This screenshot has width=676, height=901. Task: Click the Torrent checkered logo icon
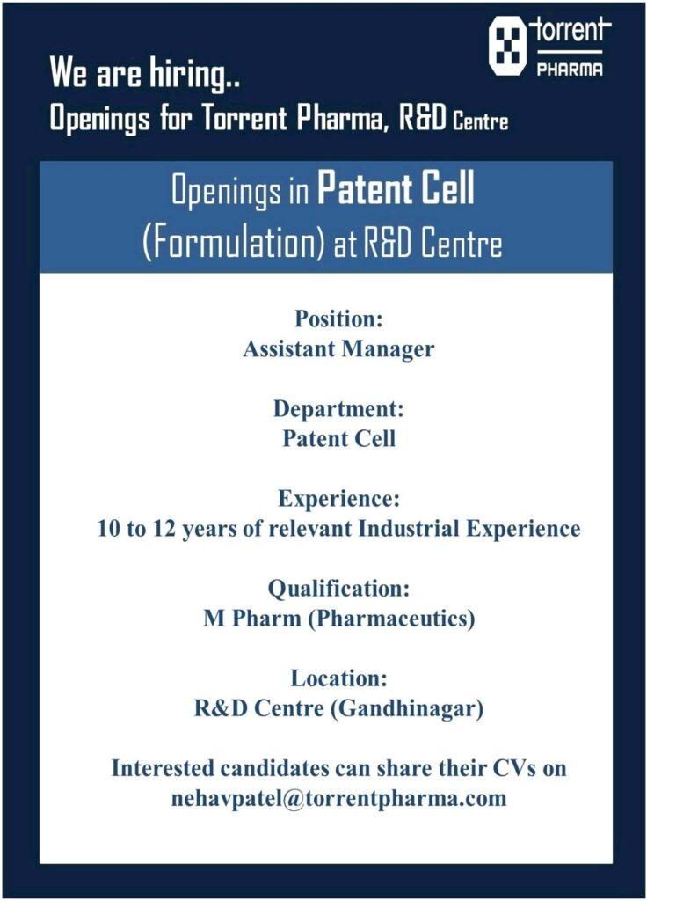(x=507, y=46)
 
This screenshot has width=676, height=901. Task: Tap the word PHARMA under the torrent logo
(x=570, y=70)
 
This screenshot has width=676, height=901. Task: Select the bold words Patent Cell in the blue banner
(x=396, y=188)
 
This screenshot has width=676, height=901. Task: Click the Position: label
(x=338, y=319)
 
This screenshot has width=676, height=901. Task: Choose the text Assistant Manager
(x=338, y=348)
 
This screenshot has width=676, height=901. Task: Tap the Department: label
(x=338, y=408)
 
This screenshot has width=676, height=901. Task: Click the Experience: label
(x=338, y=498)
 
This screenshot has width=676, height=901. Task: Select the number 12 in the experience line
(x=164, y=529)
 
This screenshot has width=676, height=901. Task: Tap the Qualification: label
(x=338, y=589)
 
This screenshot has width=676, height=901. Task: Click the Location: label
(x=338, y=678)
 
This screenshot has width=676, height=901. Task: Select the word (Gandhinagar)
(x=407, y=708)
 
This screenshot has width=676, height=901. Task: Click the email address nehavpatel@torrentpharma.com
(x=338, y=799)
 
